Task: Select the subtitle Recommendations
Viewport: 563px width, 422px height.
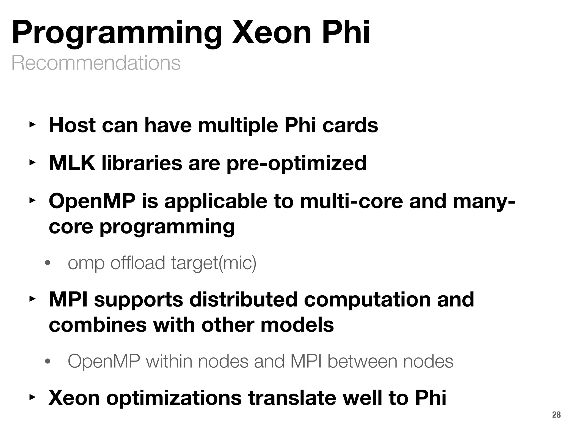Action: tap(96, 63)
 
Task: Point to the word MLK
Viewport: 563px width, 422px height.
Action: tap(72, 163)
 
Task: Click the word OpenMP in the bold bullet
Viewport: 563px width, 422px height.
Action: tap(92, 201)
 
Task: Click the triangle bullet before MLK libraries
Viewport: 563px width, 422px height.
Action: tap(32, 163)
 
